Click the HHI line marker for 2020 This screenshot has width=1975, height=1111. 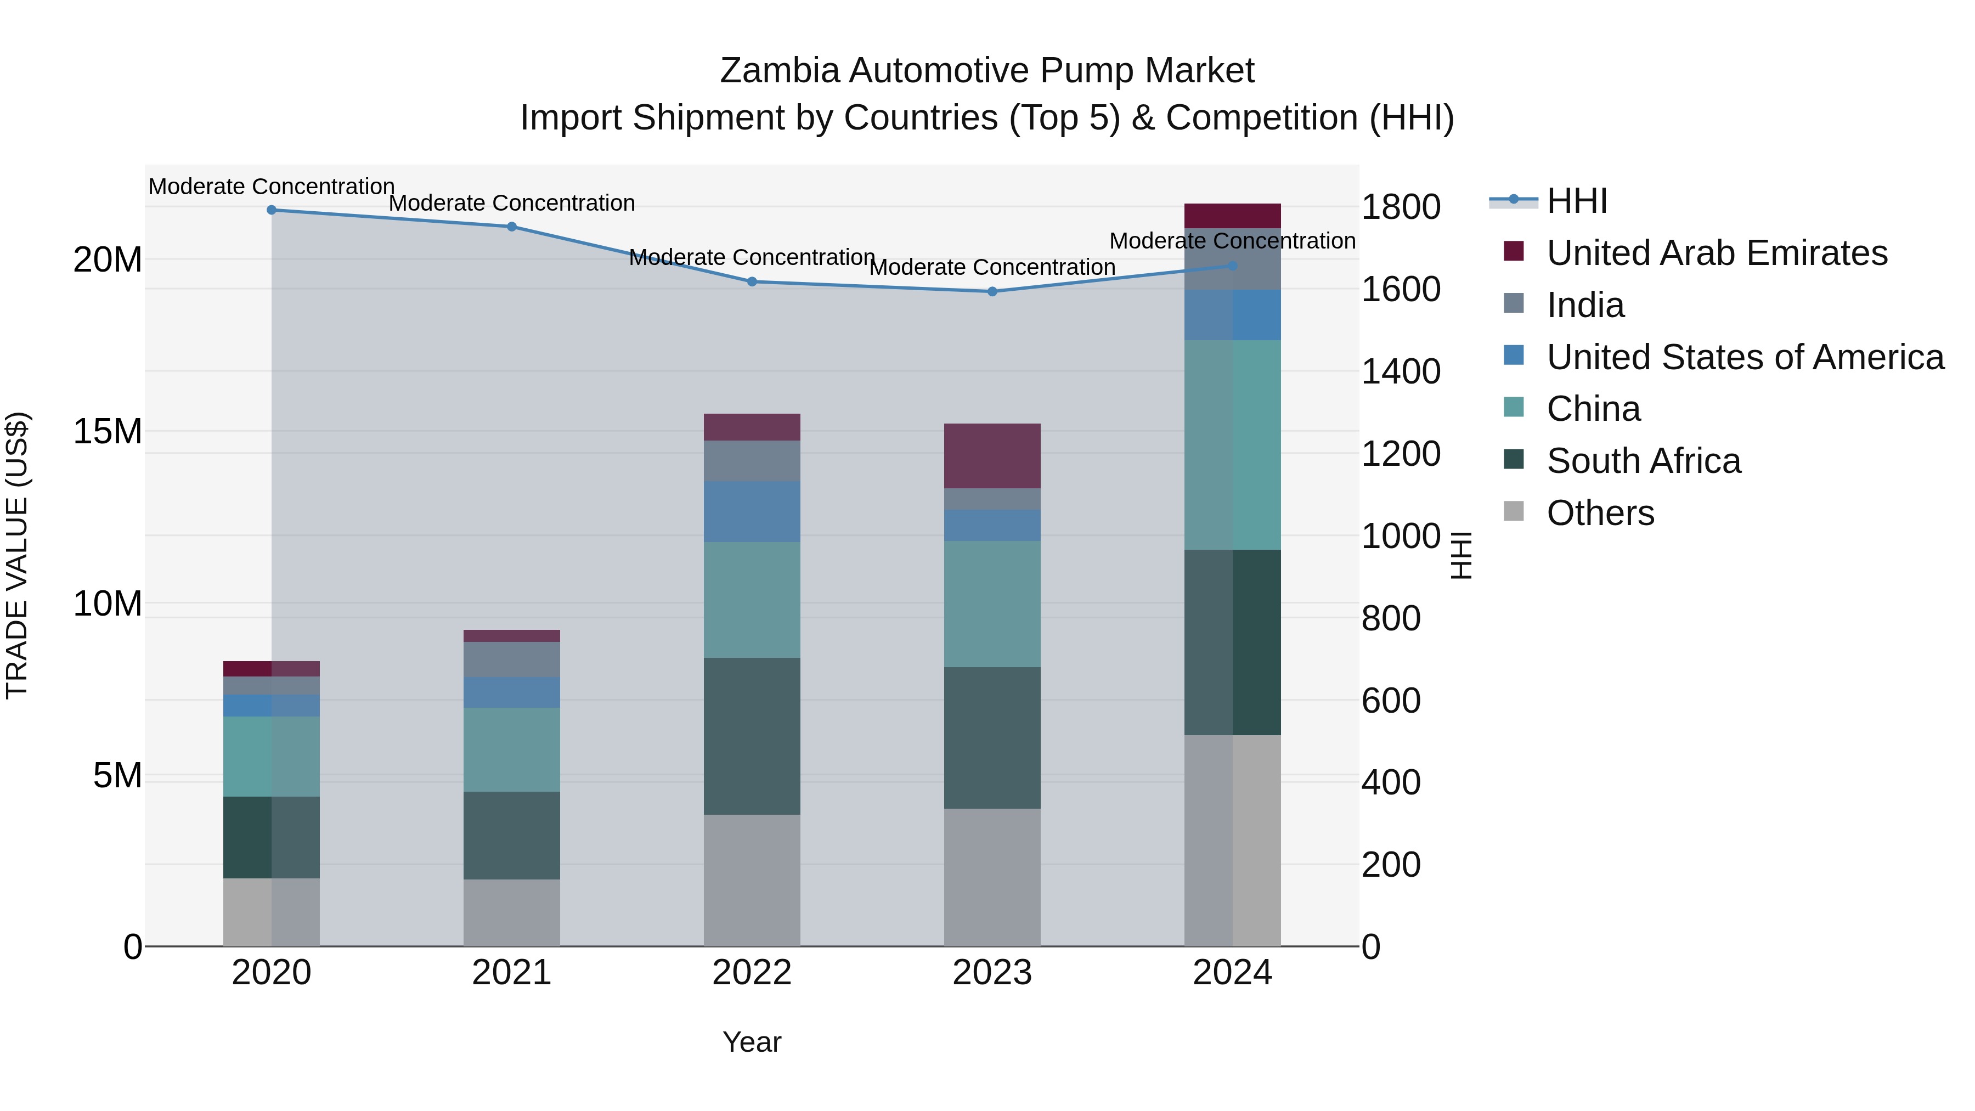(x=272, y=210)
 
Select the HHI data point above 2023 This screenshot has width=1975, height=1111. (x=992, y=291)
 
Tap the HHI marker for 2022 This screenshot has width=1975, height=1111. (x=752, y=282)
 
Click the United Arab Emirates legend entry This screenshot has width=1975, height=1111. (x=1716, y=253)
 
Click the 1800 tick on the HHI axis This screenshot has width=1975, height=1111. (x=1400, y=207)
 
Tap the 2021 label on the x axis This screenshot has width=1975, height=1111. (x=511, y=973)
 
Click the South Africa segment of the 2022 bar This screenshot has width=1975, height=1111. (x=752, y=736)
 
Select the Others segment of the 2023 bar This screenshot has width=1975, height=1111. (x=992, y=877)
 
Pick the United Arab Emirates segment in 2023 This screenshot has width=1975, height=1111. (x=992, y=455)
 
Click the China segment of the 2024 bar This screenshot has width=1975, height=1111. (x=1232, y=445)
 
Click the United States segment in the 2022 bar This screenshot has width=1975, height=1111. (x=752, y=511)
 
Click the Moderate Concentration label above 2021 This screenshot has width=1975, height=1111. (x=511, y=203)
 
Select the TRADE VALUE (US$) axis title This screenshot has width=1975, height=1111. (x=17, y=555)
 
